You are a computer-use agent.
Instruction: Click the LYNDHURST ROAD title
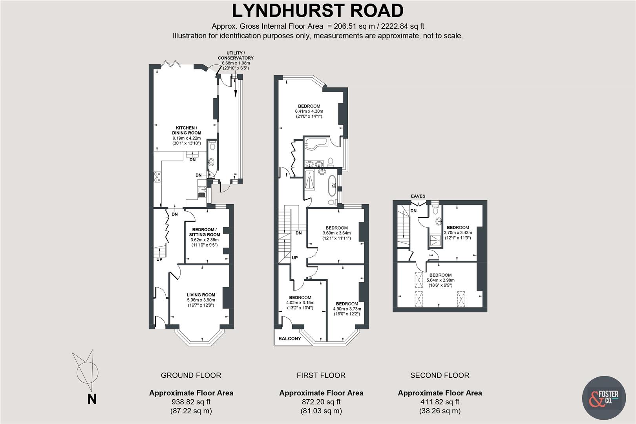318,11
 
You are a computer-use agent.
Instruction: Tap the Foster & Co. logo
603,398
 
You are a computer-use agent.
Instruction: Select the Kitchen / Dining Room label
186,130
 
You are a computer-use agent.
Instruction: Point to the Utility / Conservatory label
236,55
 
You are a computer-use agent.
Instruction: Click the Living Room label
201,295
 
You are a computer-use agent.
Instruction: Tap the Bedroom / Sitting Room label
204,232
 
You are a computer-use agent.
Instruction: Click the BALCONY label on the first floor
289,338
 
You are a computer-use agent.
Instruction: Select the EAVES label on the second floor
418,196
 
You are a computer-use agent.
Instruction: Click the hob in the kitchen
158,177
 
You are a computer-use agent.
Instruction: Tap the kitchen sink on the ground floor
203,191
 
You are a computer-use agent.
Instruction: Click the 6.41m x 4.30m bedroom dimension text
309,111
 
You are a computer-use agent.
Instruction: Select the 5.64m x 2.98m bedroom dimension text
440,280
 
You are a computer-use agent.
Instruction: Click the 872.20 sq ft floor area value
321,402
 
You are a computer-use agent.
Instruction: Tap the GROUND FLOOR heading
191,375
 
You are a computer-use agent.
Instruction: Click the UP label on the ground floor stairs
159,260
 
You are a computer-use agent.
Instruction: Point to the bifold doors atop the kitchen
171,64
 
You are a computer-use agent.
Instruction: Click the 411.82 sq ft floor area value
439,402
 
